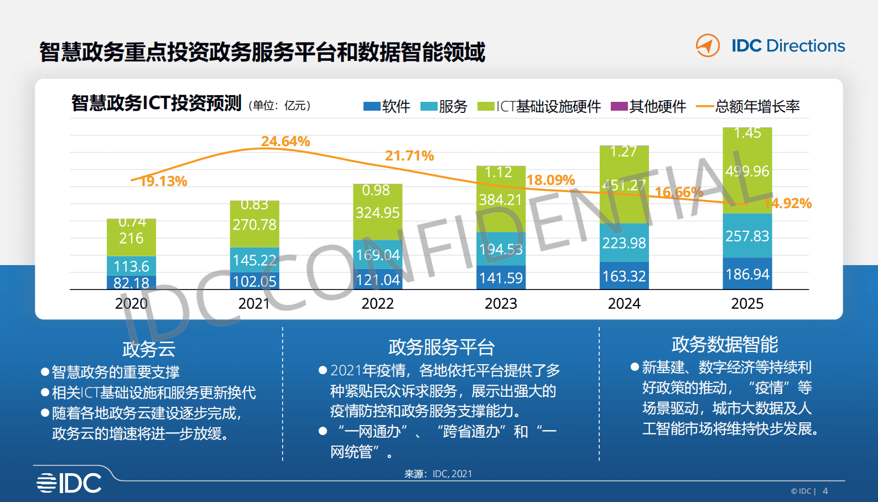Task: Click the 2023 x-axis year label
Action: click(x=501, y=303)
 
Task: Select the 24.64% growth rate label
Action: click(x=285, y=142)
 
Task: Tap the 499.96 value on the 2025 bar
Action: click(x=747, y=171)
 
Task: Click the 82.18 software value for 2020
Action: click(x=131, y=283)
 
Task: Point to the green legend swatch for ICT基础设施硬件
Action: click(x=485, y=106)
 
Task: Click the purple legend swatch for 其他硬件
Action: click(x=619, y=106)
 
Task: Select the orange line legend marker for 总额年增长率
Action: click(x=704, y=106)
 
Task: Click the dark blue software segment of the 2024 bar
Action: click(x=624, y=276)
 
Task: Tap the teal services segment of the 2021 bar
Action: click(x=254, y=260)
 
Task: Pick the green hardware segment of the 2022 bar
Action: click(x=378, y=213)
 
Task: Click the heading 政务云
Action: click(x=148, y=349)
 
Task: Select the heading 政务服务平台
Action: click(x=441, y=347)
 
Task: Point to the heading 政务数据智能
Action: click(x=725, y=344)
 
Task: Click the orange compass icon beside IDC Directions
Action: click(x=708, y=45)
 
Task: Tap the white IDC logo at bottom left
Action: click(x=69, y=483)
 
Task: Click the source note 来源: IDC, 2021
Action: click(x=438, y=474)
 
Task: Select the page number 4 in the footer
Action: click(x=825, y=491)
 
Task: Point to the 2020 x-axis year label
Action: click(x=131, y=303)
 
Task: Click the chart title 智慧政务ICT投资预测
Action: click(x=157, y=103)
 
